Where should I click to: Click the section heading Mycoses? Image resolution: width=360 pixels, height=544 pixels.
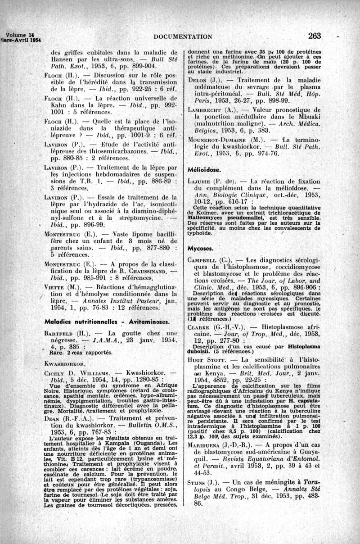point(200,249)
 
